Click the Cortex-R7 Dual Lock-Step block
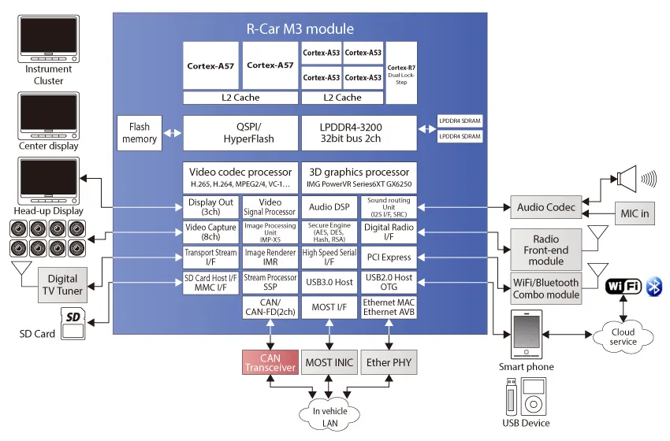[x=401, y=72]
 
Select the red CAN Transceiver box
[x=270, y=363]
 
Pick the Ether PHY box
[x=389, y=363]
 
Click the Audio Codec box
[x=546, y=207]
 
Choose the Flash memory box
[x=140, y=133]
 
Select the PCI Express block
[x=388, y=258]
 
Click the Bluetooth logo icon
[x=653, y=286]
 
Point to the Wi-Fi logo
[x=623, y=286]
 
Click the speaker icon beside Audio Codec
[x=630, y=179]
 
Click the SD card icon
[x=73, y=321]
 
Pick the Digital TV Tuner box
[x=62, y=284]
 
